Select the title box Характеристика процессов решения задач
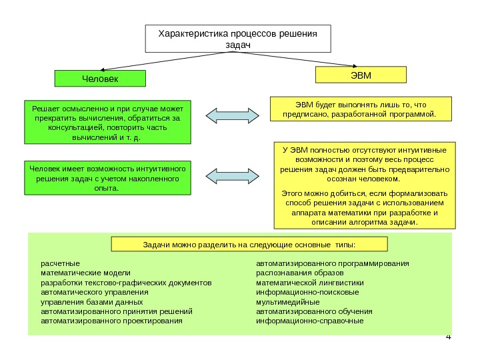(238, 39)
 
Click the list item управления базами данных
(92, 301)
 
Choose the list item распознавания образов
(300, 273)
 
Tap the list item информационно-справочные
(310, 321)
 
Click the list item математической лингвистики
(310, 283)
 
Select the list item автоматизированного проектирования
(111, 321)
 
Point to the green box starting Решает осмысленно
(107, 123)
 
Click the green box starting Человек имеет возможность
(107, 177)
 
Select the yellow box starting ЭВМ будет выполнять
(360, 109)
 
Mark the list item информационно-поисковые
(307, 292)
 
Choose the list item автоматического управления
(95, 292)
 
